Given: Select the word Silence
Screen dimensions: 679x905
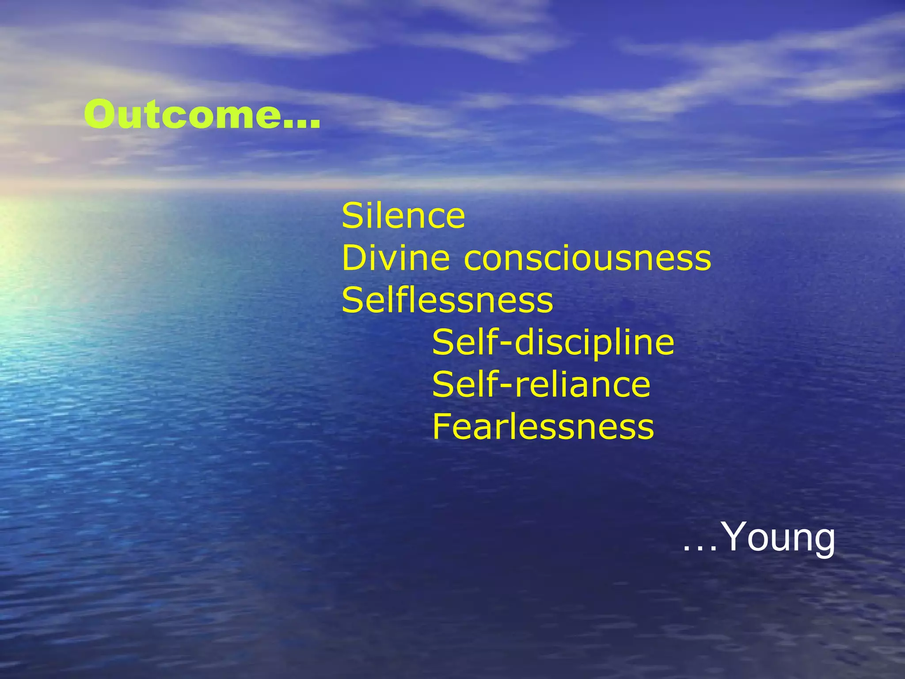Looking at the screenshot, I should (x=403, y=216).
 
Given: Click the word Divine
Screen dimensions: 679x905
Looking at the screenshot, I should (x=395, y=258).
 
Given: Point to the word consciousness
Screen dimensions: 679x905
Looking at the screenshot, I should (x=588, y=259).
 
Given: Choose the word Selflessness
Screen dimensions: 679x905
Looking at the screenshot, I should (x=447, y=301).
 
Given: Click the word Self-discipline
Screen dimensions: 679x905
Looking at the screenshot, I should (x=553, y=343).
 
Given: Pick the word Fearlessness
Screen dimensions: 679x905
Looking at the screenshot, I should (x=543, y=427).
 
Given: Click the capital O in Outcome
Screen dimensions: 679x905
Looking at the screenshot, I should (x=99, y=114).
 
